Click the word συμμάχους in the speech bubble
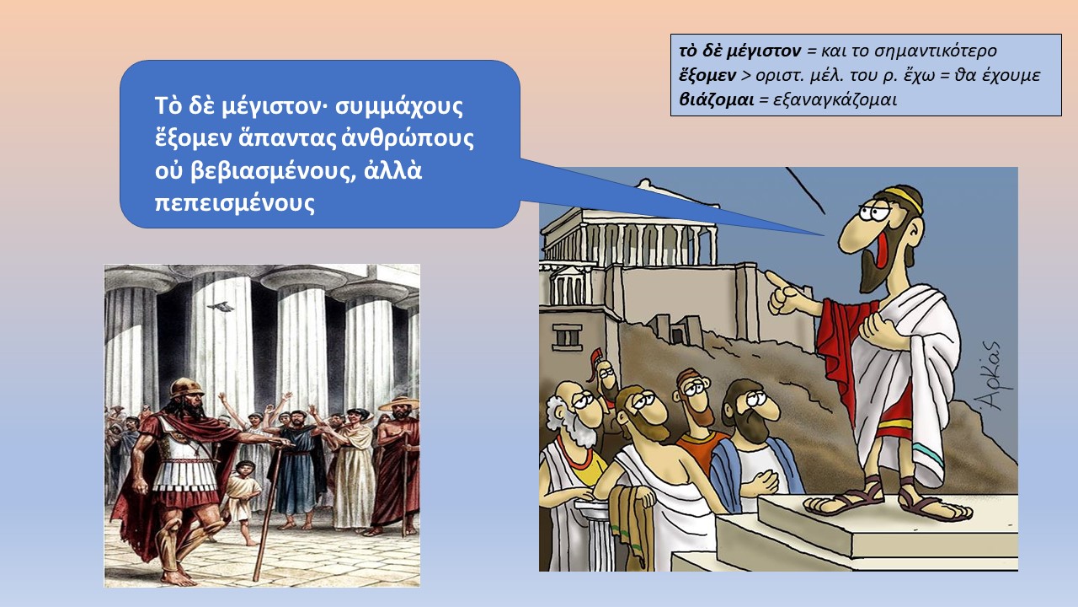tap(399, 107)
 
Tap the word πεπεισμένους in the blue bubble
tap(235, 202)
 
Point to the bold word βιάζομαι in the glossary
tap(716, 100)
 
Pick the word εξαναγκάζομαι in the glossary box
tap(835, 100)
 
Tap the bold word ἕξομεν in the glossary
tap(707, 76)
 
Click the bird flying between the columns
tap(220, 307)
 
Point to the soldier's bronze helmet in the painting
tap(187, 388)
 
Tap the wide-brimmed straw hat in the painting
tap(398, 404)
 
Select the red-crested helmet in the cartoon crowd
tap(598, 361)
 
